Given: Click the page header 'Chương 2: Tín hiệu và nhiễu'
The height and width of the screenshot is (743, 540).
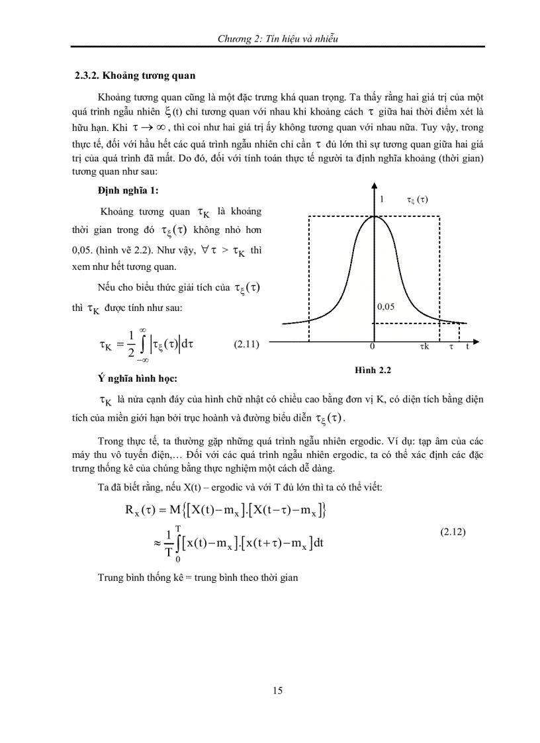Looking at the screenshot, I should click(278, 39).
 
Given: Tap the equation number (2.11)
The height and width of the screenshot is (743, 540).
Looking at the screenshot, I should click(247, 344).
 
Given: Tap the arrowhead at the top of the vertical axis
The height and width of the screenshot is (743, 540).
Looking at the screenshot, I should click(373, 187).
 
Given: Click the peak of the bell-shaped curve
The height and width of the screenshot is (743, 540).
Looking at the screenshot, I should click(373, 216).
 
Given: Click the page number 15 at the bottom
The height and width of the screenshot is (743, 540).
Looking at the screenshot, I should click(277, 691).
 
